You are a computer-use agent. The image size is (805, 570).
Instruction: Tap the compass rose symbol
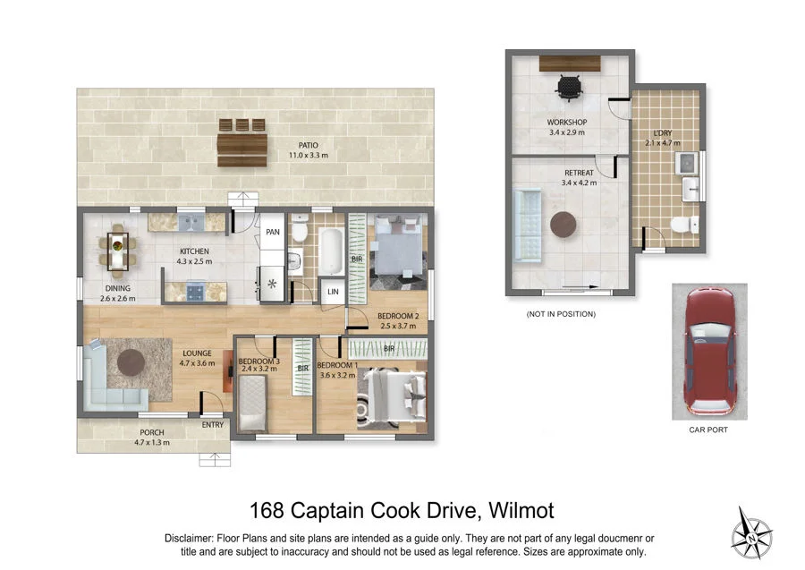point(751,533)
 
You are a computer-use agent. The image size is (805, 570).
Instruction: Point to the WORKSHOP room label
point(567,122)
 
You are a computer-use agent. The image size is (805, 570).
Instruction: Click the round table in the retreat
point(563,225)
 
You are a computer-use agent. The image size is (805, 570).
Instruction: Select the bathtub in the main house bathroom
point(330,252)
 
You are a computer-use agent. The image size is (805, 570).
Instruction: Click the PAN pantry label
point(273,233)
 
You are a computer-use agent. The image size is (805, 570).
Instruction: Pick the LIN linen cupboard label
point(333,293)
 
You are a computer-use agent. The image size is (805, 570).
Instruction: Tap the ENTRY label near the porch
point(213,425)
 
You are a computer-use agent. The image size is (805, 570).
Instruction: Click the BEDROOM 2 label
point(398,316)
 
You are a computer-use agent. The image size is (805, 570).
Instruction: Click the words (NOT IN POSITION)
point(561,314)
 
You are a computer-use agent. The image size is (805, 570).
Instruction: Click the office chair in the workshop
point(568,87)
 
